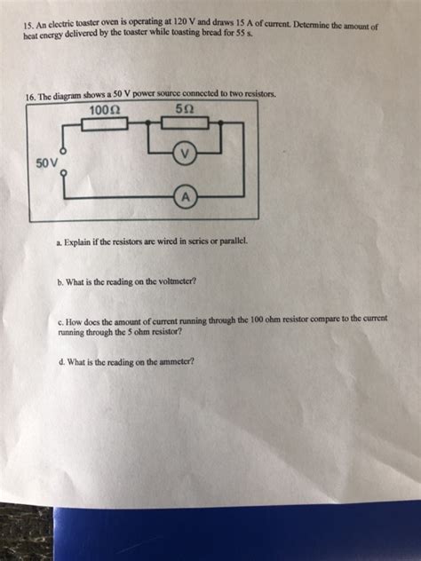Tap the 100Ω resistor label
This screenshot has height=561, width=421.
pyautogui.click(x=106, y=111)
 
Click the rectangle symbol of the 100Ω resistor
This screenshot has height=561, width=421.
pyautogui.click(x=105, y=123)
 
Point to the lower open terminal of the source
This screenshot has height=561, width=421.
pyautogui.click(x=61, y=175)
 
